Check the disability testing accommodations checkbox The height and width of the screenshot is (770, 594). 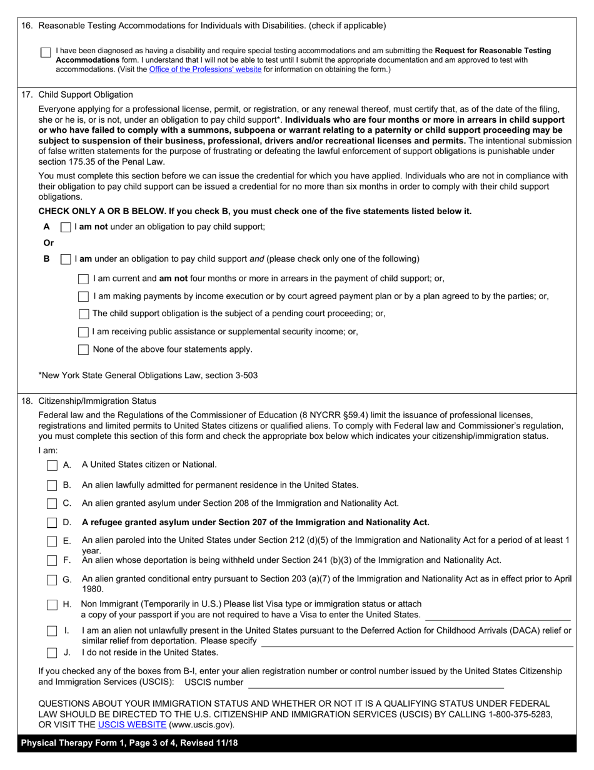[46, 53]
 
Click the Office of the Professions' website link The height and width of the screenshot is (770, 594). [205, 69]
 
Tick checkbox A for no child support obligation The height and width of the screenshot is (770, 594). [66, 227]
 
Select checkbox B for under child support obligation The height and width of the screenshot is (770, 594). [66, 259]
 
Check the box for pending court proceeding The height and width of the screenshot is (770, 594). [84, 314]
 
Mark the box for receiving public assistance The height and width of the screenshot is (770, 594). [84, 332]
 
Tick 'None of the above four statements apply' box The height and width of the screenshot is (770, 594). [84, 350]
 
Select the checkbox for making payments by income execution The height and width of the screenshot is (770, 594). [84, 296]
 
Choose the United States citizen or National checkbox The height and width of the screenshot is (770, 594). [53, 465]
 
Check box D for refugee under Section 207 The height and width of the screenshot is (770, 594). [53, 523]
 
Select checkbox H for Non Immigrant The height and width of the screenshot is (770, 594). [53, 605]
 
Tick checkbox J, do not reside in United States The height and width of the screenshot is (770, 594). [53, 653]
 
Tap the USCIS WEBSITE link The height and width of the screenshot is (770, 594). [132, 725]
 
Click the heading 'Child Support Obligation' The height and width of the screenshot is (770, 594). [86, 95]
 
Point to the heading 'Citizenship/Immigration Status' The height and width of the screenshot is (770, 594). [98, 401]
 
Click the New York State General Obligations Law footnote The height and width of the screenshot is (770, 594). [148, 376]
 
